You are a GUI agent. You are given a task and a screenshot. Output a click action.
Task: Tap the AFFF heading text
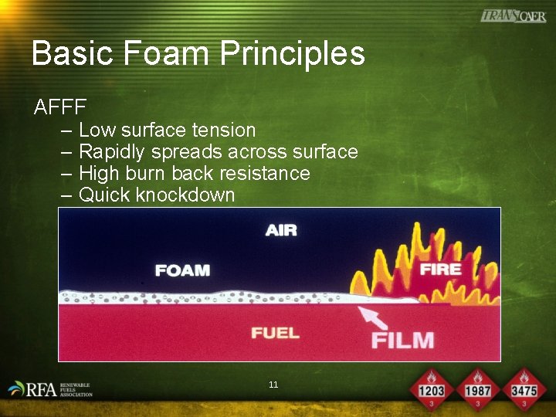(60, 107)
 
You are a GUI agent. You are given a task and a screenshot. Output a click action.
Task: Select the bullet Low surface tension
(167, 130)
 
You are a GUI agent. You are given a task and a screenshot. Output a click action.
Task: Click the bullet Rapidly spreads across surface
(218, 151)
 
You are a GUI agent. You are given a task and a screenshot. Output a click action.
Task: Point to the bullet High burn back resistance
(194, 173)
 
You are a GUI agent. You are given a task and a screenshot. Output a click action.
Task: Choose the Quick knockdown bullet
(157, 195)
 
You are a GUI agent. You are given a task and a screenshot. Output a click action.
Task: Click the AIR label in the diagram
(281, 230)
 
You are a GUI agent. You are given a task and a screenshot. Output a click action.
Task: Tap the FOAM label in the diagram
(182, 270)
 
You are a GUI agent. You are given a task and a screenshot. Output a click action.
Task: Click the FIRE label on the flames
(440, 269)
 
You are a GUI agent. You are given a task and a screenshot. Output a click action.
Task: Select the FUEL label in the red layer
(275, 333)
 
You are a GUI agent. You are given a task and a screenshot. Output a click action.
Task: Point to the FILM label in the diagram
(402, 339)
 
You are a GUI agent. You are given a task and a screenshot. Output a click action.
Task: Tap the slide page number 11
(273, 385)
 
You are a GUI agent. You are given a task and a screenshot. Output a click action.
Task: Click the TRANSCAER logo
(513, 16)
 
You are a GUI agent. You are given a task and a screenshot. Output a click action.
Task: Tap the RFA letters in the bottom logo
(40, 390)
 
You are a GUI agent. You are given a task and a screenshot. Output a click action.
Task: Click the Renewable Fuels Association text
(76, 389)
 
